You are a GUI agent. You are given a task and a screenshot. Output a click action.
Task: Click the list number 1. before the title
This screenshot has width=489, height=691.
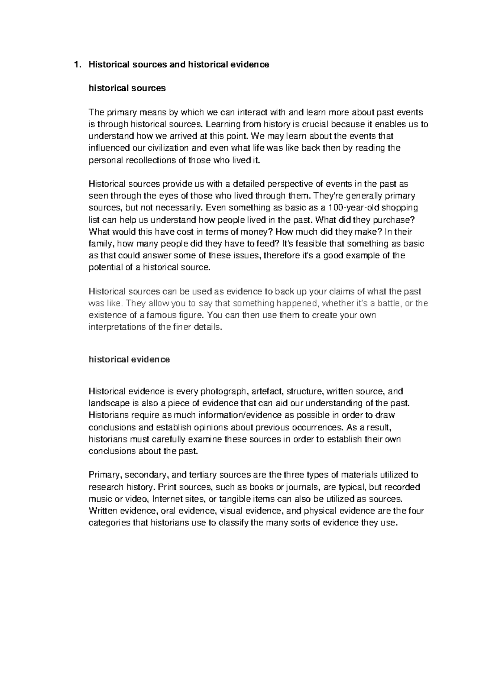click(75, 64)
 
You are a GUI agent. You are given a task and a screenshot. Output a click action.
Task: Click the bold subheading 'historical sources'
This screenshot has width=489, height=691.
click(127, 88)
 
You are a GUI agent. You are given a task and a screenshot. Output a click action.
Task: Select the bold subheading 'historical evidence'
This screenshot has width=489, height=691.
click(129, 359)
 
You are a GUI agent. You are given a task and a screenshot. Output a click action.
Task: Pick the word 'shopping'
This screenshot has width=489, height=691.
click(401, 208)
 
